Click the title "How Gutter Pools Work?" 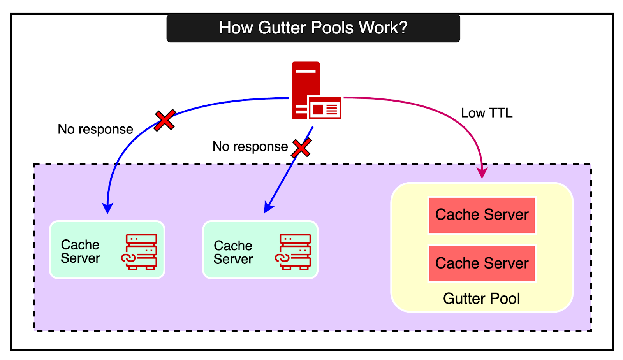[x=313, y=28]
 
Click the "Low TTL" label [x=486, y=113]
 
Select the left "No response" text [x=95, y=129]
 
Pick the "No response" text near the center [x=250, y=146]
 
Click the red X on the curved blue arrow [x=165, y=120]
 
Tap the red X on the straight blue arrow [x=301, y=148]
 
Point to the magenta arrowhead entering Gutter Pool [x=482, y=173]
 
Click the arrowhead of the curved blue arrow [x=107, y=208]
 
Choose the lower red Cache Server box [x=482, y=263]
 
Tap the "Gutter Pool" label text [x=481, y=299]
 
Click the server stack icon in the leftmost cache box [x=140, y=252]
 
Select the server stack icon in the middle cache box [x=294, y=252]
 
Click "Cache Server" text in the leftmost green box [x=80, y=251]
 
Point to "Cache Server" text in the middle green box [x=233, y=252]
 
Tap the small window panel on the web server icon [x=325, y=108]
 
